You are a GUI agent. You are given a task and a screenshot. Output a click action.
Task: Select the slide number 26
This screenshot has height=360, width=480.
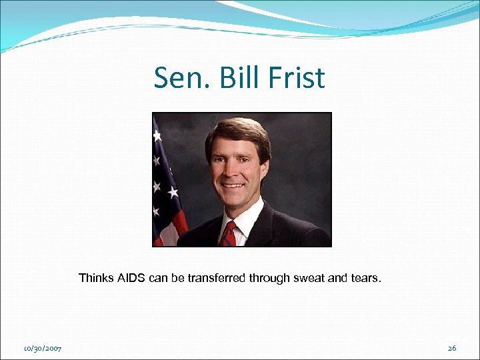tap(451, 349)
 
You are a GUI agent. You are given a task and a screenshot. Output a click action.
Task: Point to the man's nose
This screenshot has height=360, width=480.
tap(235, 165)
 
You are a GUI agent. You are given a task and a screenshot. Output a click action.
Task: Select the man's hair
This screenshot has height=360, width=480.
tap(237, 130)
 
